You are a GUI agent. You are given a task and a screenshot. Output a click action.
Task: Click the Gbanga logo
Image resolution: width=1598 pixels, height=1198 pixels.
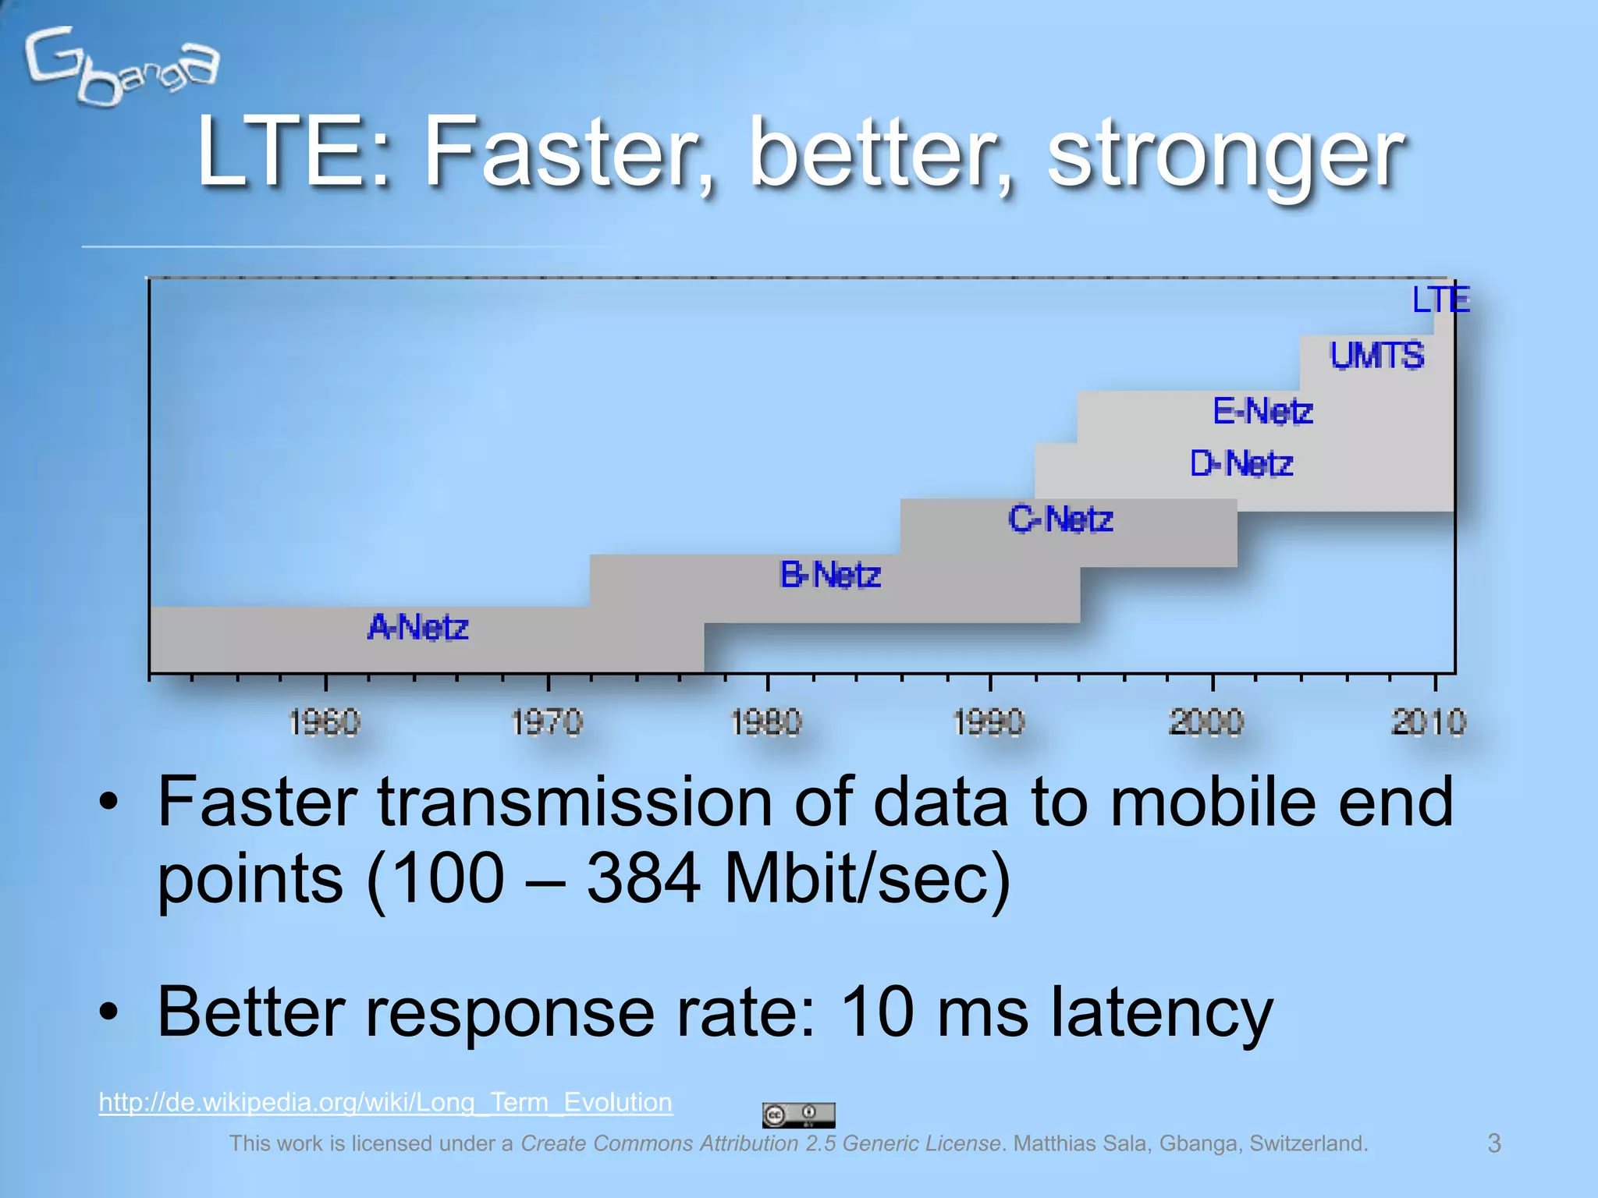121,66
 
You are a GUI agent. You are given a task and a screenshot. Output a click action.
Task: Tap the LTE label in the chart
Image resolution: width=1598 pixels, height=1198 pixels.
1440,300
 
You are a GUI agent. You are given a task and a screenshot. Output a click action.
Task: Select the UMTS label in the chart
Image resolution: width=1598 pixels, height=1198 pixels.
1377,356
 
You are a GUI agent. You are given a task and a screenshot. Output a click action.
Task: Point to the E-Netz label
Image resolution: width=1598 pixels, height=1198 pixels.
1262,411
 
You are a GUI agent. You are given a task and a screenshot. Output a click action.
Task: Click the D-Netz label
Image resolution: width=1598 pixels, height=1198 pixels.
1241,464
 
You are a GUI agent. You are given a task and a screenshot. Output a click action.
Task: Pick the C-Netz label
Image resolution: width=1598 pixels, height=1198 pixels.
1060,519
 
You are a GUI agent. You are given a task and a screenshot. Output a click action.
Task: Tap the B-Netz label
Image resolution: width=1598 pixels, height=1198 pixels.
830,576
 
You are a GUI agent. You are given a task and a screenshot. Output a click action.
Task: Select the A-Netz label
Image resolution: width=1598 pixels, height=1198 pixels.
418,627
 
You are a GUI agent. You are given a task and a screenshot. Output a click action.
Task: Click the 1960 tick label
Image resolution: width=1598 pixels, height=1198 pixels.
325,722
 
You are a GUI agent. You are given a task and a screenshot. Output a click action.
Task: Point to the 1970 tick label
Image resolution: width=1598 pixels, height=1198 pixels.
547,722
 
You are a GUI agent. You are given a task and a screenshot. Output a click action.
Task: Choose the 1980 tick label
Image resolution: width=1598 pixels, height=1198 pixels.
766,722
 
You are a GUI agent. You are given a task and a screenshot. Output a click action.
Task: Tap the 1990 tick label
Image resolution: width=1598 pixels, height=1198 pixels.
989,722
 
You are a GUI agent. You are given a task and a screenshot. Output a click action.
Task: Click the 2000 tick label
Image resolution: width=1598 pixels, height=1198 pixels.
1207,722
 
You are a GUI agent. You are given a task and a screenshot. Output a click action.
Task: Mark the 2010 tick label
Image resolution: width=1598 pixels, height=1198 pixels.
1429,722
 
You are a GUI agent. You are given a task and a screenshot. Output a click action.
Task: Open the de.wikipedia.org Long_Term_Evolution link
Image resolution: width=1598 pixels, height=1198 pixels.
385,1102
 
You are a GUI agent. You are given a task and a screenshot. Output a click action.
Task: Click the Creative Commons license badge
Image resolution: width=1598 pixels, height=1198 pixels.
798,1115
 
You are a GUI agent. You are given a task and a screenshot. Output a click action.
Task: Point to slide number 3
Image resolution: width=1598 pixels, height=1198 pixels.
1494,1143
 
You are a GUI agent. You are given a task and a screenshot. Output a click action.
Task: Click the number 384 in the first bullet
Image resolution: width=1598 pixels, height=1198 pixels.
644,879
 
